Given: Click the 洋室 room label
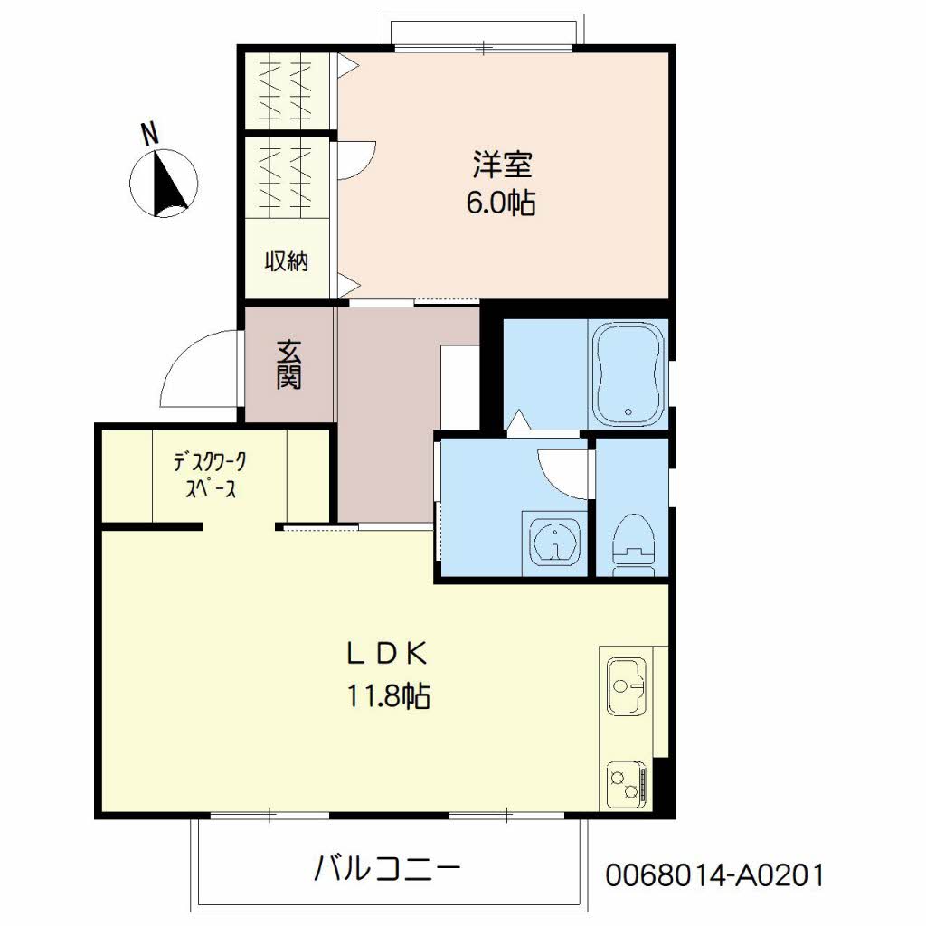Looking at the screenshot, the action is tap(503, 165).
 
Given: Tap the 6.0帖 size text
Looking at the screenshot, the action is tap(501, 203).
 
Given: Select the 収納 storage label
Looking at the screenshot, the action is tap(287, 260).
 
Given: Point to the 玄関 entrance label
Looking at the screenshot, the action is tap(288, 365).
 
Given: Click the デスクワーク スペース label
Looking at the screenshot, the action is tap(210, 475).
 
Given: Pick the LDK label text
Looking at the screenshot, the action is tap(387, 654).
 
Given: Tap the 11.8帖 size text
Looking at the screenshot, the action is tap(388, 695).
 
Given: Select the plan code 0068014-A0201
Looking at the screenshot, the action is tap(714, 874).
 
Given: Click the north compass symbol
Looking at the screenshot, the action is tap(164, 183).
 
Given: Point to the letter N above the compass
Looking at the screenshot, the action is tap(151, 134).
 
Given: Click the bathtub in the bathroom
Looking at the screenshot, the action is tap(628, 373).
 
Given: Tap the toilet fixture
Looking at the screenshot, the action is tap(634, 543).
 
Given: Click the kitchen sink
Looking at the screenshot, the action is tap(626, 686).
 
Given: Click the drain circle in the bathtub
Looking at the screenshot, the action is tap(628, 411).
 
